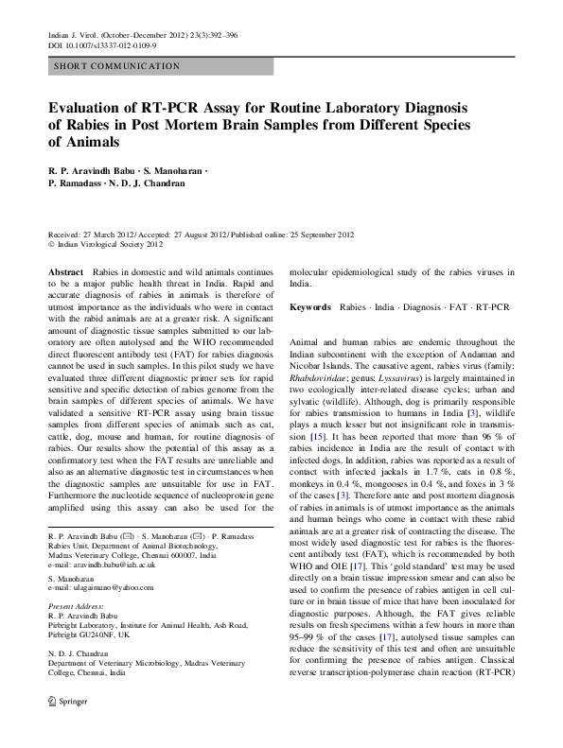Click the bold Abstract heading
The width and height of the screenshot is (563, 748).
pos(66,270)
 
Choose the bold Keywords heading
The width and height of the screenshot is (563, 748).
pos(310,307)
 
